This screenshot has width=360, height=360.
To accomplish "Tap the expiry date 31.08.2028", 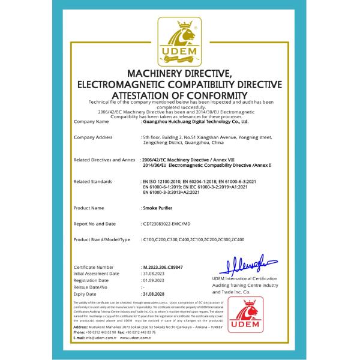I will click(154, 295).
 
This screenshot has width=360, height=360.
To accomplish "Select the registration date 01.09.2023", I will click(154, 280).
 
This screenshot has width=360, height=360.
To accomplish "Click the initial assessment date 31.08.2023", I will click(154, 273).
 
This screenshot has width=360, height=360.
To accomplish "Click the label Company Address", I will click(92, 137).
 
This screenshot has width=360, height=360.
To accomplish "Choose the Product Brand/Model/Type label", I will click(101, 240).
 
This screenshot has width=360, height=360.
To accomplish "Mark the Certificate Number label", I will click(93, 266).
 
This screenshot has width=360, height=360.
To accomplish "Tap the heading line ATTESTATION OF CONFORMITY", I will click(180, 95).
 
